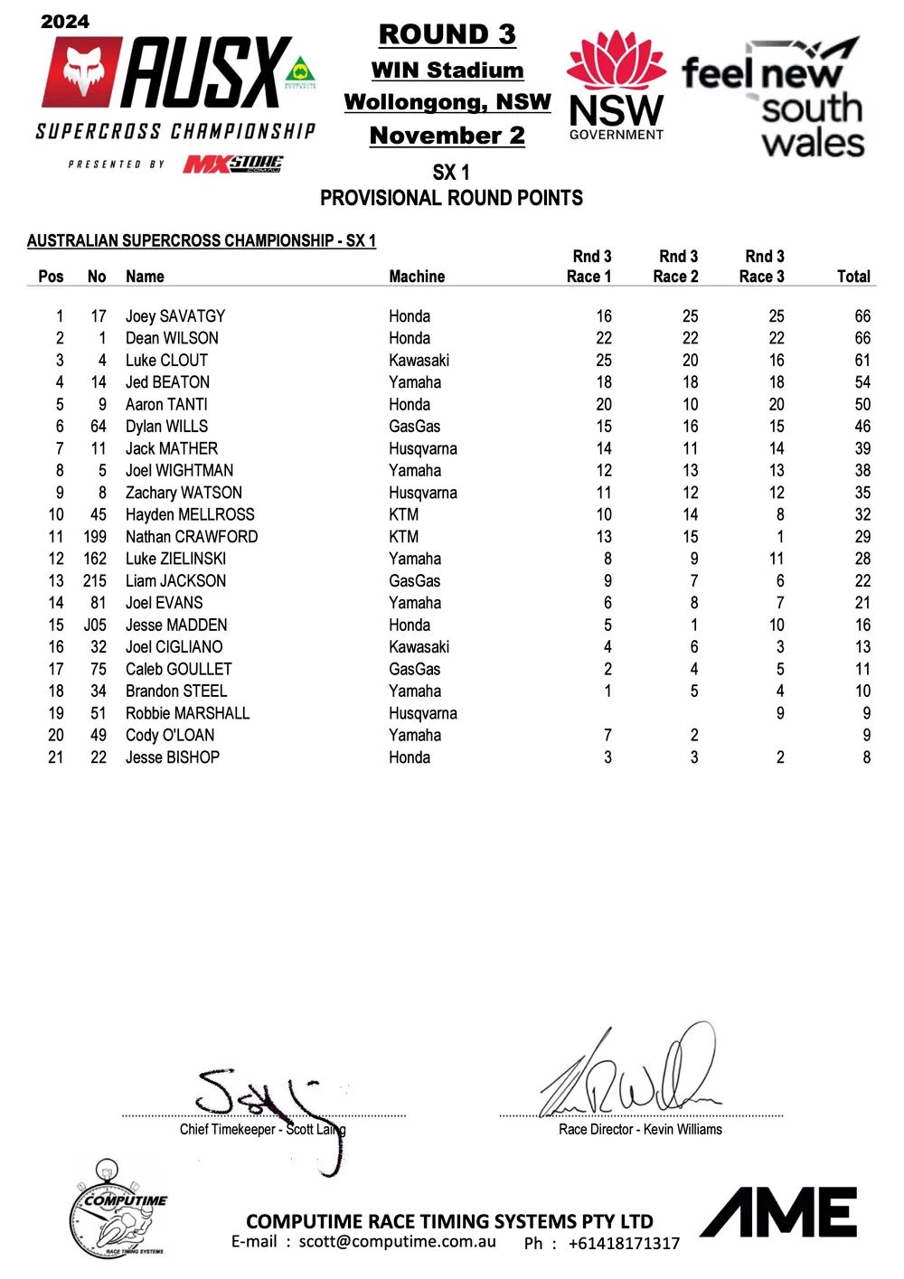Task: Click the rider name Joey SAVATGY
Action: click(x=174, y=316)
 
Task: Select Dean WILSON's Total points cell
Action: click(x=862, y=338)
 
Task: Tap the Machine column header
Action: click(x=417, y=277)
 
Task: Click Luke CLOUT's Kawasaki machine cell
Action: click(x=419, y=361)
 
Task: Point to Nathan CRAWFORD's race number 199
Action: click(x=95, y=537)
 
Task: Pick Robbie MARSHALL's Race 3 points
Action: click(x=779, y=713)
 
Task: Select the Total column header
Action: click(x=853, y=277)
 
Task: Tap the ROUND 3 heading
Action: click(x=447, y=34)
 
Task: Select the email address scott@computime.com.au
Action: click(x=398, y=1241)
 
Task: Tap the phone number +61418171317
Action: click(x=624, y=1244)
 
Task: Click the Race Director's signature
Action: click(x=633, y=1076)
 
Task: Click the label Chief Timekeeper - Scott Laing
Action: click(x=262, y=1129)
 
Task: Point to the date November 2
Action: click(x=447, y=136)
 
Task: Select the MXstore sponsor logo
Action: click(x=233, y=164)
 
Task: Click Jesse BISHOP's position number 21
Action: click(x=56, y=757)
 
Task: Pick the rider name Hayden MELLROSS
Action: click(x=190, y=515)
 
